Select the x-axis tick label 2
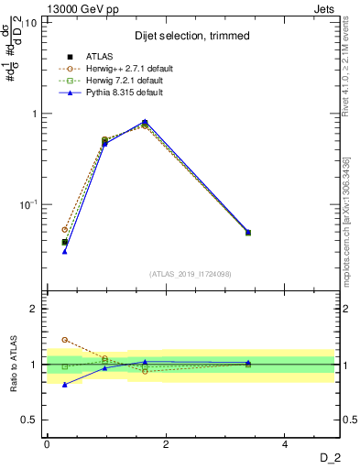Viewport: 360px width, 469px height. click(166, 444)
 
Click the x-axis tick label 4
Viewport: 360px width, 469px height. click(285, 444)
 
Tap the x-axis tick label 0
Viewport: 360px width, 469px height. click(47, 444)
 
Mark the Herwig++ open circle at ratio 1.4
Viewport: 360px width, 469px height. click(64, 340)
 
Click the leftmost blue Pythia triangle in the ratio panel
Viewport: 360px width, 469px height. click(64, 385)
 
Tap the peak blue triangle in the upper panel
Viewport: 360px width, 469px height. click(145, 121)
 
